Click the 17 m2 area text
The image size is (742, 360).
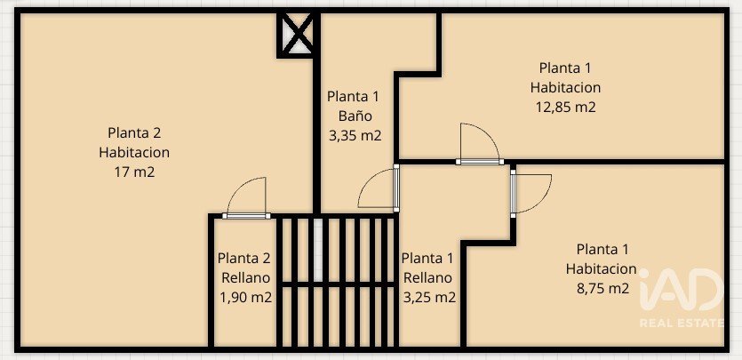[x=134, y=172]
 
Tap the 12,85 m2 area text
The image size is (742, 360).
[x=565, y=108]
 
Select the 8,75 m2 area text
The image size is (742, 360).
[x=602, y=289]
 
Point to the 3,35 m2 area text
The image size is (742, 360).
[x=355, y=136]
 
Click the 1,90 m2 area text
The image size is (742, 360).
[x=245, y=298]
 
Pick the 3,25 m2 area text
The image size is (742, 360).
[x=429, y=298]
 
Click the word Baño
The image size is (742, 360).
[x=355, y=116]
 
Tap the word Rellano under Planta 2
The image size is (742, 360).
[x=245, y=278]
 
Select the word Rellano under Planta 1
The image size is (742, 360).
[x=427, y=278]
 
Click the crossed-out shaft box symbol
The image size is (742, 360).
[x=295, y=34]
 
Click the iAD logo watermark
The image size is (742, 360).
[x=682, y=289]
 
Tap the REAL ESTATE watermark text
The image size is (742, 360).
[x=682, y=323]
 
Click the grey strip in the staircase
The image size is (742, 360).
[x=318, y=249]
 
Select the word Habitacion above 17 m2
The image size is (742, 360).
[x=134, y=152]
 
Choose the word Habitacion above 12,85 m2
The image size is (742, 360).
[x=565, y=87]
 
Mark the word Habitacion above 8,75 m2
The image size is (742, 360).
[x=602, y=268]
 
